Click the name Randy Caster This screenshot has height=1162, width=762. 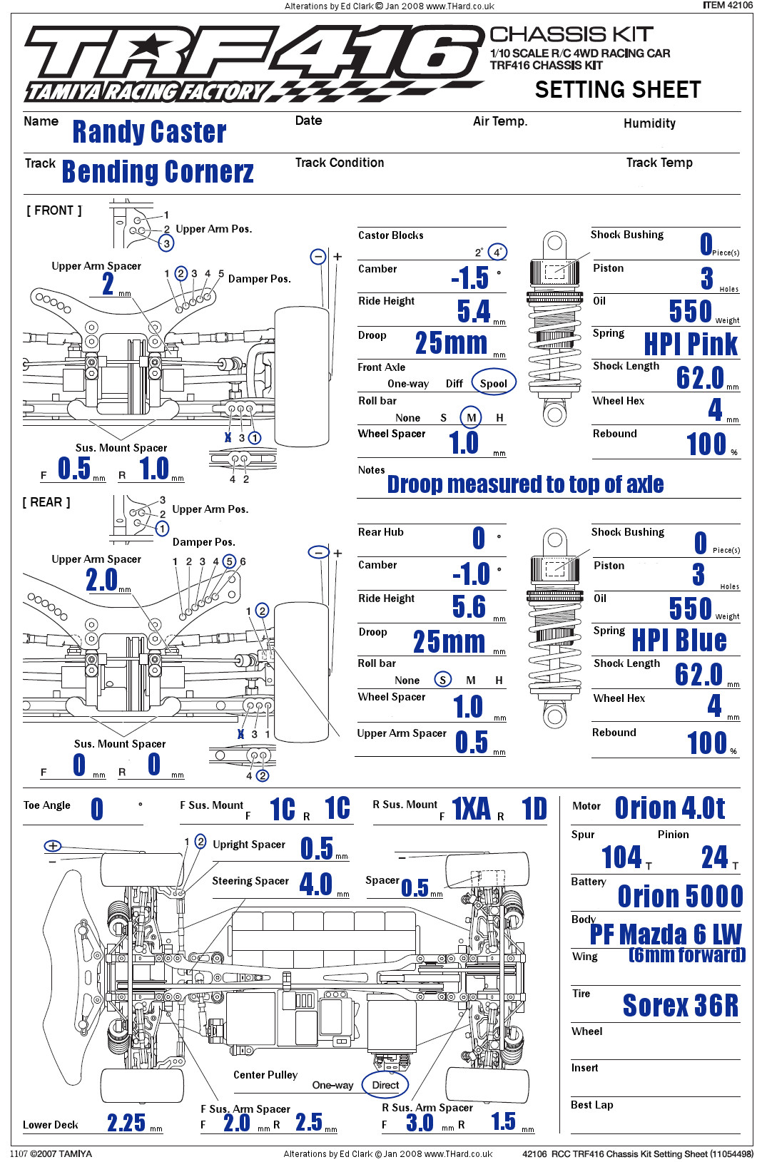[149, 132]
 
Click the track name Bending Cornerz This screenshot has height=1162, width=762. [158, 172]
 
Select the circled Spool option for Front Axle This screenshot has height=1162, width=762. [493, 383]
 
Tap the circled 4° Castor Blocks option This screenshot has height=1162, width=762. [497, 252]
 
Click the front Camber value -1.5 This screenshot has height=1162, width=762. [470, 277]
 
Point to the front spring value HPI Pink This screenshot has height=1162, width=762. [690, 344]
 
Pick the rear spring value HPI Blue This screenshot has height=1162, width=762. [679, 640]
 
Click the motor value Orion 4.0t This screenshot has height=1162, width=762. [669, 808]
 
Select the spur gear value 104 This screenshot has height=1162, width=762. [621, 857]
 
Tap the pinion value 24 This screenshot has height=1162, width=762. [714, 857]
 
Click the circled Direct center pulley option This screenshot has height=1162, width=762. [385, 1085]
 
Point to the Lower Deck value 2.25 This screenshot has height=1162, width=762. [126, 1123]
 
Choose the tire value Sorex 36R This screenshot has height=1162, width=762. [680, 1005]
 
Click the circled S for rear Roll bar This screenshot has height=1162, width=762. [443, 680]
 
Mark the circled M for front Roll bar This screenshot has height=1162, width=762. [471, 417]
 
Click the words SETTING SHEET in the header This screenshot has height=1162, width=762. [618, 90]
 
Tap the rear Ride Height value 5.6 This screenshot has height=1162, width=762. [469, 606]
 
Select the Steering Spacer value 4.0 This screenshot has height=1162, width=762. [316, 885]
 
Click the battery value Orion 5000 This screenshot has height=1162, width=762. [680, 896]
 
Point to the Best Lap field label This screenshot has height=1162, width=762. [591, 1105]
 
